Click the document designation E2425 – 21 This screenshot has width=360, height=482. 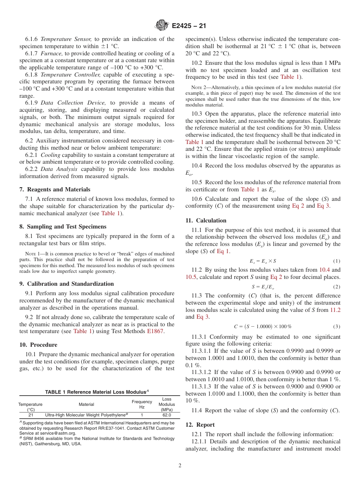tap(189, 26)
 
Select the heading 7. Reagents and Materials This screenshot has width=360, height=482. tap(55, 189)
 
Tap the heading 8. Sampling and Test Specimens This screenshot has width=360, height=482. tap(63, 226)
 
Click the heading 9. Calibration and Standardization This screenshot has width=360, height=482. tap(66, 283)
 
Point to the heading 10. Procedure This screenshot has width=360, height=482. tap(38, 344)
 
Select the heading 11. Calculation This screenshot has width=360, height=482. tap(206, 220)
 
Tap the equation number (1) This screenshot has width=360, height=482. tap(337, 261)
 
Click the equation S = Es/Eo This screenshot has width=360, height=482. tap(263, 286)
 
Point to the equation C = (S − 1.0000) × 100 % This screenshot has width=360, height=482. tap(263, 326)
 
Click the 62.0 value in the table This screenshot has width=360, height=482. tap(166, 415)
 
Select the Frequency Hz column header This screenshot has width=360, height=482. tap(142, 404)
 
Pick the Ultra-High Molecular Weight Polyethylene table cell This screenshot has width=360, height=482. tap(87, 415)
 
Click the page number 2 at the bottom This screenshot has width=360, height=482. tap(180, 466)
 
